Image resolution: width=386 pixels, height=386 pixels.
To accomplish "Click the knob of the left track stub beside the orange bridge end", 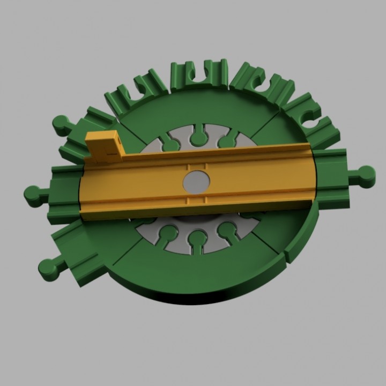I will pos(32,194).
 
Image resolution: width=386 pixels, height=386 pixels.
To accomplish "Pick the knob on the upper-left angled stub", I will pos(61,125).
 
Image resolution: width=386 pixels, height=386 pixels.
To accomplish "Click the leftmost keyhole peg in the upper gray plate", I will pos(171,144).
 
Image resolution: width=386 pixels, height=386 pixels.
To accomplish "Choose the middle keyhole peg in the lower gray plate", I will pos(197,237).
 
